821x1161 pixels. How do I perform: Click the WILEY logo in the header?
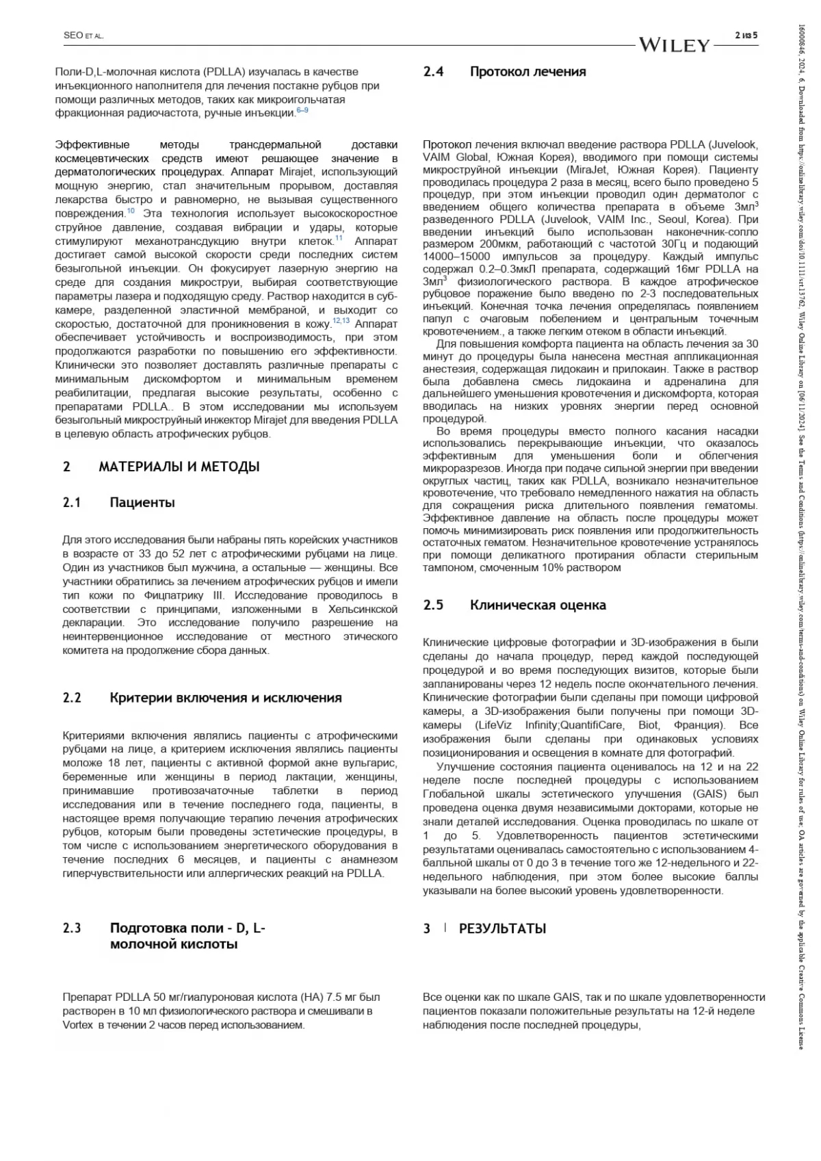675,45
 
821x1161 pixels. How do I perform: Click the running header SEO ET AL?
83,36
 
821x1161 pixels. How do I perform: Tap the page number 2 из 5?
746,36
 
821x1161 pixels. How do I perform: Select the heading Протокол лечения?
527,72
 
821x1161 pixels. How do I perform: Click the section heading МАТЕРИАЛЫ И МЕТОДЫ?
179,467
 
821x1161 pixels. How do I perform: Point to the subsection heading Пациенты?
142,503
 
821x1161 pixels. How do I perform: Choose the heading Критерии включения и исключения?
226,698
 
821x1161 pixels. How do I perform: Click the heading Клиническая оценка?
538,605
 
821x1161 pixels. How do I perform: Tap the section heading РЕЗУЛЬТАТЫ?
502,928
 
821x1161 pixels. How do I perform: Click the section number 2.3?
72,928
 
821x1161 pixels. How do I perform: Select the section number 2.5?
433,605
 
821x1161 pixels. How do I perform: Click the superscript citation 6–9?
302,111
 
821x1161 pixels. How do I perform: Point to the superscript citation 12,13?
341,321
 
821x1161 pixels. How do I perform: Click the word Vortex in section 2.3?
77,1025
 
